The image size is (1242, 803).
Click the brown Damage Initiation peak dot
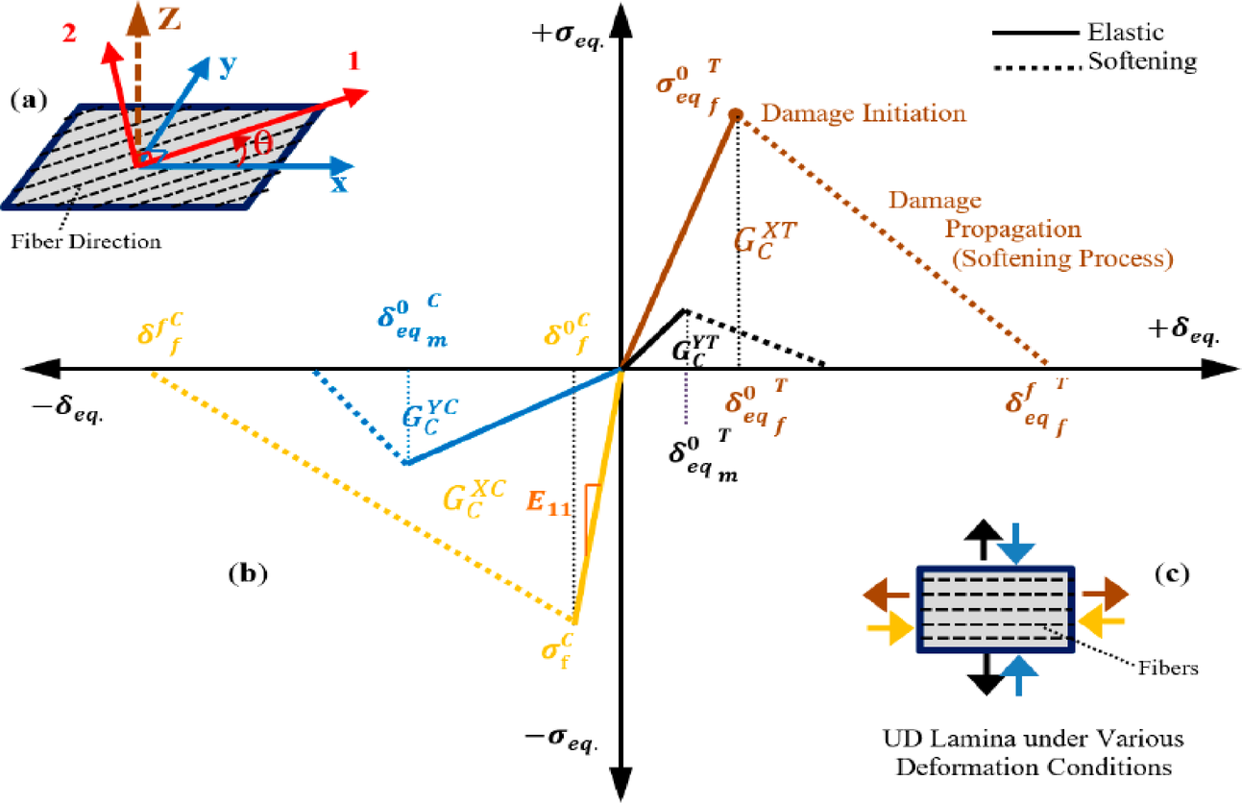[x=737, y=115]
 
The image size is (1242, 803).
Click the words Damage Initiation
[x=863, y=113]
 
